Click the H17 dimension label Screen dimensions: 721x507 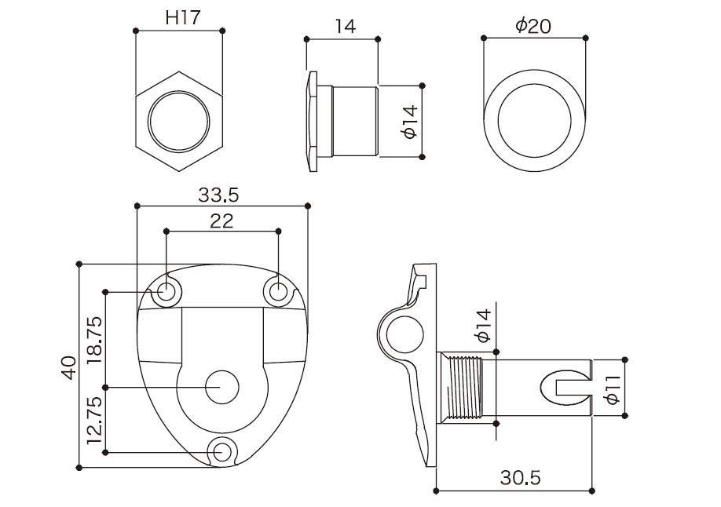pyautogui.click(x=183, y=18)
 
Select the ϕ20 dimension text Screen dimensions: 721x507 pyautogui.click(x=533, y=26)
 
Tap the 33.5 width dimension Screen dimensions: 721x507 pyautogui.click(x=219, y=195)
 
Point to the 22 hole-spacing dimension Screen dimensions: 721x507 pyautogui.click(x=221, y=221)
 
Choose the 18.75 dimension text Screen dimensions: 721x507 pyautogui.click(x=95, y=340)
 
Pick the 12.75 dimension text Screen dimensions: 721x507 pyautogui.click(x=95, y=420)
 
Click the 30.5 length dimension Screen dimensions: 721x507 pyautogui.click(x=520, y=478)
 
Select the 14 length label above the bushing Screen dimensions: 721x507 pyautogui.click(x=345, y=26)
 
